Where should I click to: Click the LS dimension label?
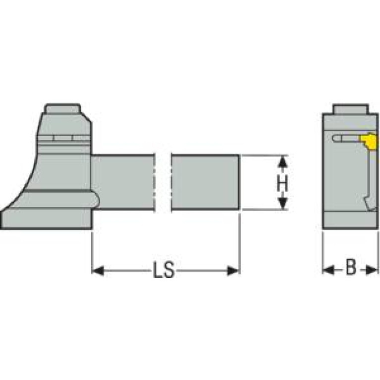164,271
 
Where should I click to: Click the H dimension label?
282,183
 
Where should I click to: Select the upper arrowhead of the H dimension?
282,162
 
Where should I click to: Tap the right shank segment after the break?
205,182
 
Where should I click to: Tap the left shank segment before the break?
124,182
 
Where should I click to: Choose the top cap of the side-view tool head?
62,109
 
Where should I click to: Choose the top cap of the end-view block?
350,109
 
